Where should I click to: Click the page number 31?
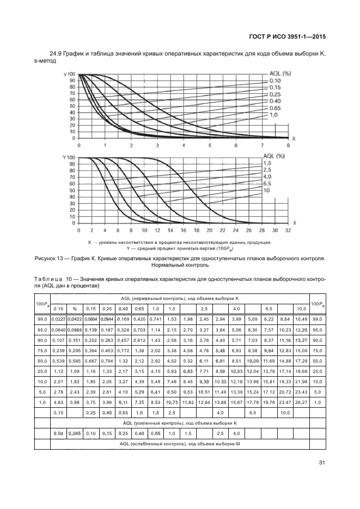tap(320, 463)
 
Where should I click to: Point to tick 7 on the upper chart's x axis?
tap(263, 145)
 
